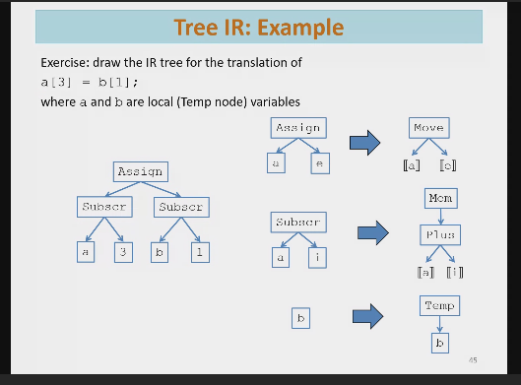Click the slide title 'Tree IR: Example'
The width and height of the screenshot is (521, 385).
(x=259, y=29)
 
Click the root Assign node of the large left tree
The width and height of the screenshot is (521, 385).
(x=140, y=171)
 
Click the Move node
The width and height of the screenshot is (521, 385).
(x=429, y=128)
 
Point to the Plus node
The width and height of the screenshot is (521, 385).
(x=439, y=237)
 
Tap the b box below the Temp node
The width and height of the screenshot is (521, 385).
(x=439, y=344)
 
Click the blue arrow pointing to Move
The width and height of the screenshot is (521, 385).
(x=365, y=145)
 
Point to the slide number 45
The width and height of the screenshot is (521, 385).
(x=473, y=360)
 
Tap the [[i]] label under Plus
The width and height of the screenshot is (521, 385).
(x=456, y=271)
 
